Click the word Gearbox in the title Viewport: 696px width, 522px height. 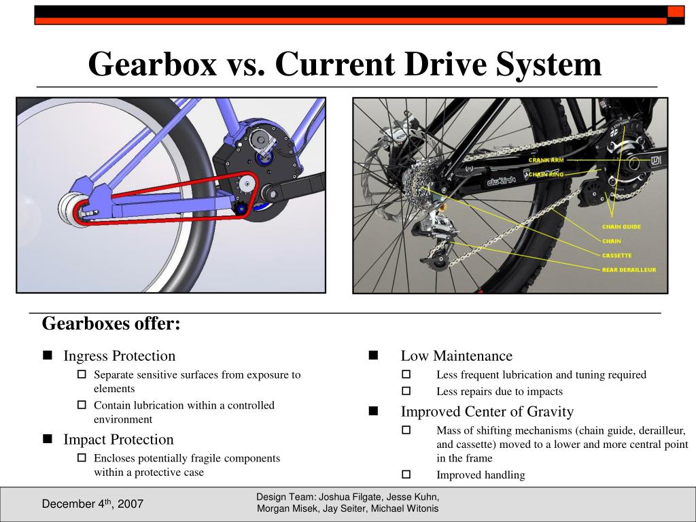pyautogui.click(x=154, y=65)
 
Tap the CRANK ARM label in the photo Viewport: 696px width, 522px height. pyautogui.click(x=546, y=160)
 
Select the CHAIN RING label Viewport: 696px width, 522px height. pyautogui.click(x=548, y=175)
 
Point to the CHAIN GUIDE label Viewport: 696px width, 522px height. pyautogui.click(x=621, y=227)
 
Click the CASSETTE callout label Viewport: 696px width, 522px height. pyautogui.click(x=616, y=256)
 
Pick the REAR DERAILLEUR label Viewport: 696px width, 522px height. pyautogui.click(x=629, y=270)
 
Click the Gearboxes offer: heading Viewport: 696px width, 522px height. pyautogui.click(x=111, y=324)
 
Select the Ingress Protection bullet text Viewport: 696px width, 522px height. pyautogui.click(x=119, y=356)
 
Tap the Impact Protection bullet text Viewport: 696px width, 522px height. pyautogui.click(x=118, y=440)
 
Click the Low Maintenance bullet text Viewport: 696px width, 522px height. pyautogui.click(x=456, y=356)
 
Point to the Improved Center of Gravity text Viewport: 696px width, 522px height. pyautogui.click(x=487, y=412)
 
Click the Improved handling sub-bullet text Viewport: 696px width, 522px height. pyautogui.click(x=481, y=475)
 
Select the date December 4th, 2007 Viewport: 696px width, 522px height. pyautogui.click(x=92, y=504)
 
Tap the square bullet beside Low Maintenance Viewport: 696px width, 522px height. pyautogui.click(x=373, y=355)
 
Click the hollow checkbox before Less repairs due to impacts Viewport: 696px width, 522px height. pyautogui.click(x=406, y=391)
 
